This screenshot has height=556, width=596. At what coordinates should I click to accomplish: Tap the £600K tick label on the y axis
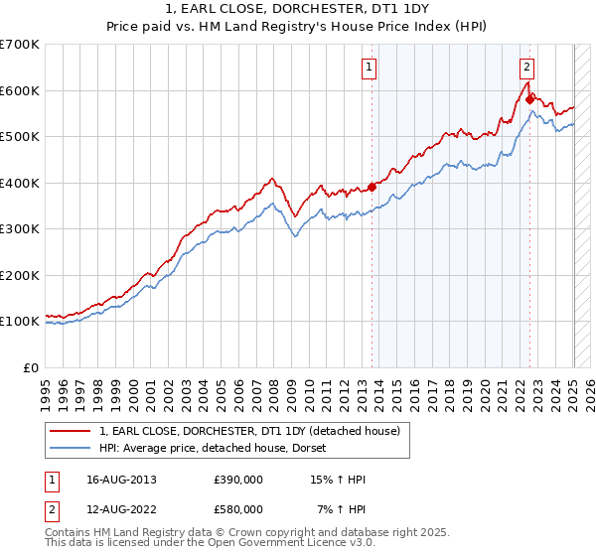click(x=20, y=90)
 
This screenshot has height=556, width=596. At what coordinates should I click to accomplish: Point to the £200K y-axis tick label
click(x=20, y=275)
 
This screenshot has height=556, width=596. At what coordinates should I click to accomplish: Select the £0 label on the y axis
click(x=31, y=367)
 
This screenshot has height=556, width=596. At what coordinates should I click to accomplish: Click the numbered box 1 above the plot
click(x=369, y=68)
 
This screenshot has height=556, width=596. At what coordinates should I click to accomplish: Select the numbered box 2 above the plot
click(x=525, y=68)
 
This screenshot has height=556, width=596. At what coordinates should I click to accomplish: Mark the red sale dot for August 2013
click(x=372, y=187)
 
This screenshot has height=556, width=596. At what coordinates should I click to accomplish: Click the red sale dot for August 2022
click(x=529, y=99)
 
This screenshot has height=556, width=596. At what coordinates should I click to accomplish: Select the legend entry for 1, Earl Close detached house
click(x=248, y=431)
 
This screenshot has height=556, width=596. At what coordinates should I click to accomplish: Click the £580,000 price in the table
click(x=238, y=508)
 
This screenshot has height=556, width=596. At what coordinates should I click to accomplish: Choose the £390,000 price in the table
click(x=238, y=480)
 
